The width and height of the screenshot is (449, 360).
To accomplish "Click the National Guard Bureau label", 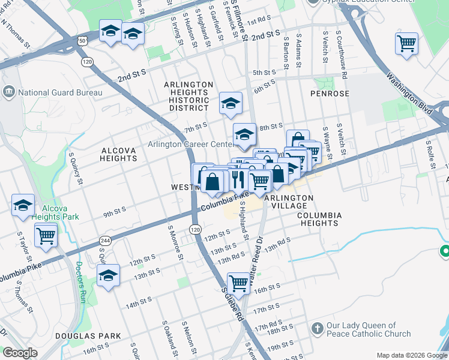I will point(59,92).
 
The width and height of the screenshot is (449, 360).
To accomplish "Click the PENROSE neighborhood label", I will point(330,94).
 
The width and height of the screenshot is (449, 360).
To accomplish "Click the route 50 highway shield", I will point(81,40).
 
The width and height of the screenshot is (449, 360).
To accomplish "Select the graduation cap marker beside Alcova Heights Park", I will point(23,205).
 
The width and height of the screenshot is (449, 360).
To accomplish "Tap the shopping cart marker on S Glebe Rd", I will point(239,283).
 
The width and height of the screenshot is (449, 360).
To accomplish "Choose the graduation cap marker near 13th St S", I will point(108,275).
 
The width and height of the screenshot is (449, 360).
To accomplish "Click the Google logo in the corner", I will point(20,353).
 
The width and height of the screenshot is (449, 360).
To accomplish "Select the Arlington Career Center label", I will point(191,145).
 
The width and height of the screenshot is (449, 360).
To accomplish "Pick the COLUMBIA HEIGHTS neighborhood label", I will point(319,219).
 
